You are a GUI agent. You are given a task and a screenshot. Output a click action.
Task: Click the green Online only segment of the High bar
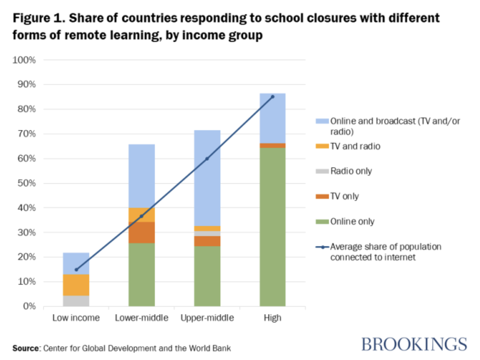[273, 227]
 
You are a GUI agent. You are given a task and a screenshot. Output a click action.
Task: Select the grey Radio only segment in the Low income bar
[76, 301]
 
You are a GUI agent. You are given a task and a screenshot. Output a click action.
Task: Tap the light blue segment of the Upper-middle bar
[207, 178]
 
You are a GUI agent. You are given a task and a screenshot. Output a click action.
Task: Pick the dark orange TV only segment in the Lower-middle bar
[142, 233]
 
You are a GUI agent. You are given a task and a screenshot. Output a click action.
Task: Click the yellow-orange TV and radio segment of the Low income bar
[76, 285]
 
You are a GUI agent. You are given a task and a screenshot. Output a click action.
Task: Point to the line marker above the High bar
[273, 96]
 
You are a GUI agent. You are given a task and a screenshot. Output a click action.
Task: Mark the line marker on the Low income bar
[76, 270]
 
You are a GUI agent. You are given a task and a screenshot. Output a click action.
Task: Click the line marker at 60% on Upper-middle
[207, 159]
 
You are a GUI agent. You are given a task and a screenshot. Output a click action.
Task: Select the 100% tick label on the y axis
[24, 60]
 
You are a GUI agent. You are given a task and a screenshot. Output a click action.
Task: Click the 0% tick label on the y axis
[29, 306]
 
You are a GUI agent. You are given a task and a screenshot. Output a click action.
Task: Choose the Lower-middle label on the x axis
[142, 318]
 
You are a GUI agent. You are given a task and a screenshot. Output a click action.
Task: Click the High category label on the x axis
[273, 318]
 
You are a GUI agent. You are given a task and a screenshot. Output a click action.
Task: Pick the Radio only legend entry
[351, 171]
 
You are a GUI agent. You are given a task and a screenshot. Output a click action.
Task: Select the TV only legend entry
[344, 197]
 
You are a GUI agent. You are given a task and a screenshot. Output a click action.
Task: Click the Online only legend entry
[352, 222]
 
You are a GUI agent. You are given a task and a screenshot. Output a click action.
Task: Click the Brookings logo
[414, 345]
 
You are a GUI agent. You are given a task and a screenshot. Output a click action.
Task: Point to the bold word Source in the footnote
[26, 348]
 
